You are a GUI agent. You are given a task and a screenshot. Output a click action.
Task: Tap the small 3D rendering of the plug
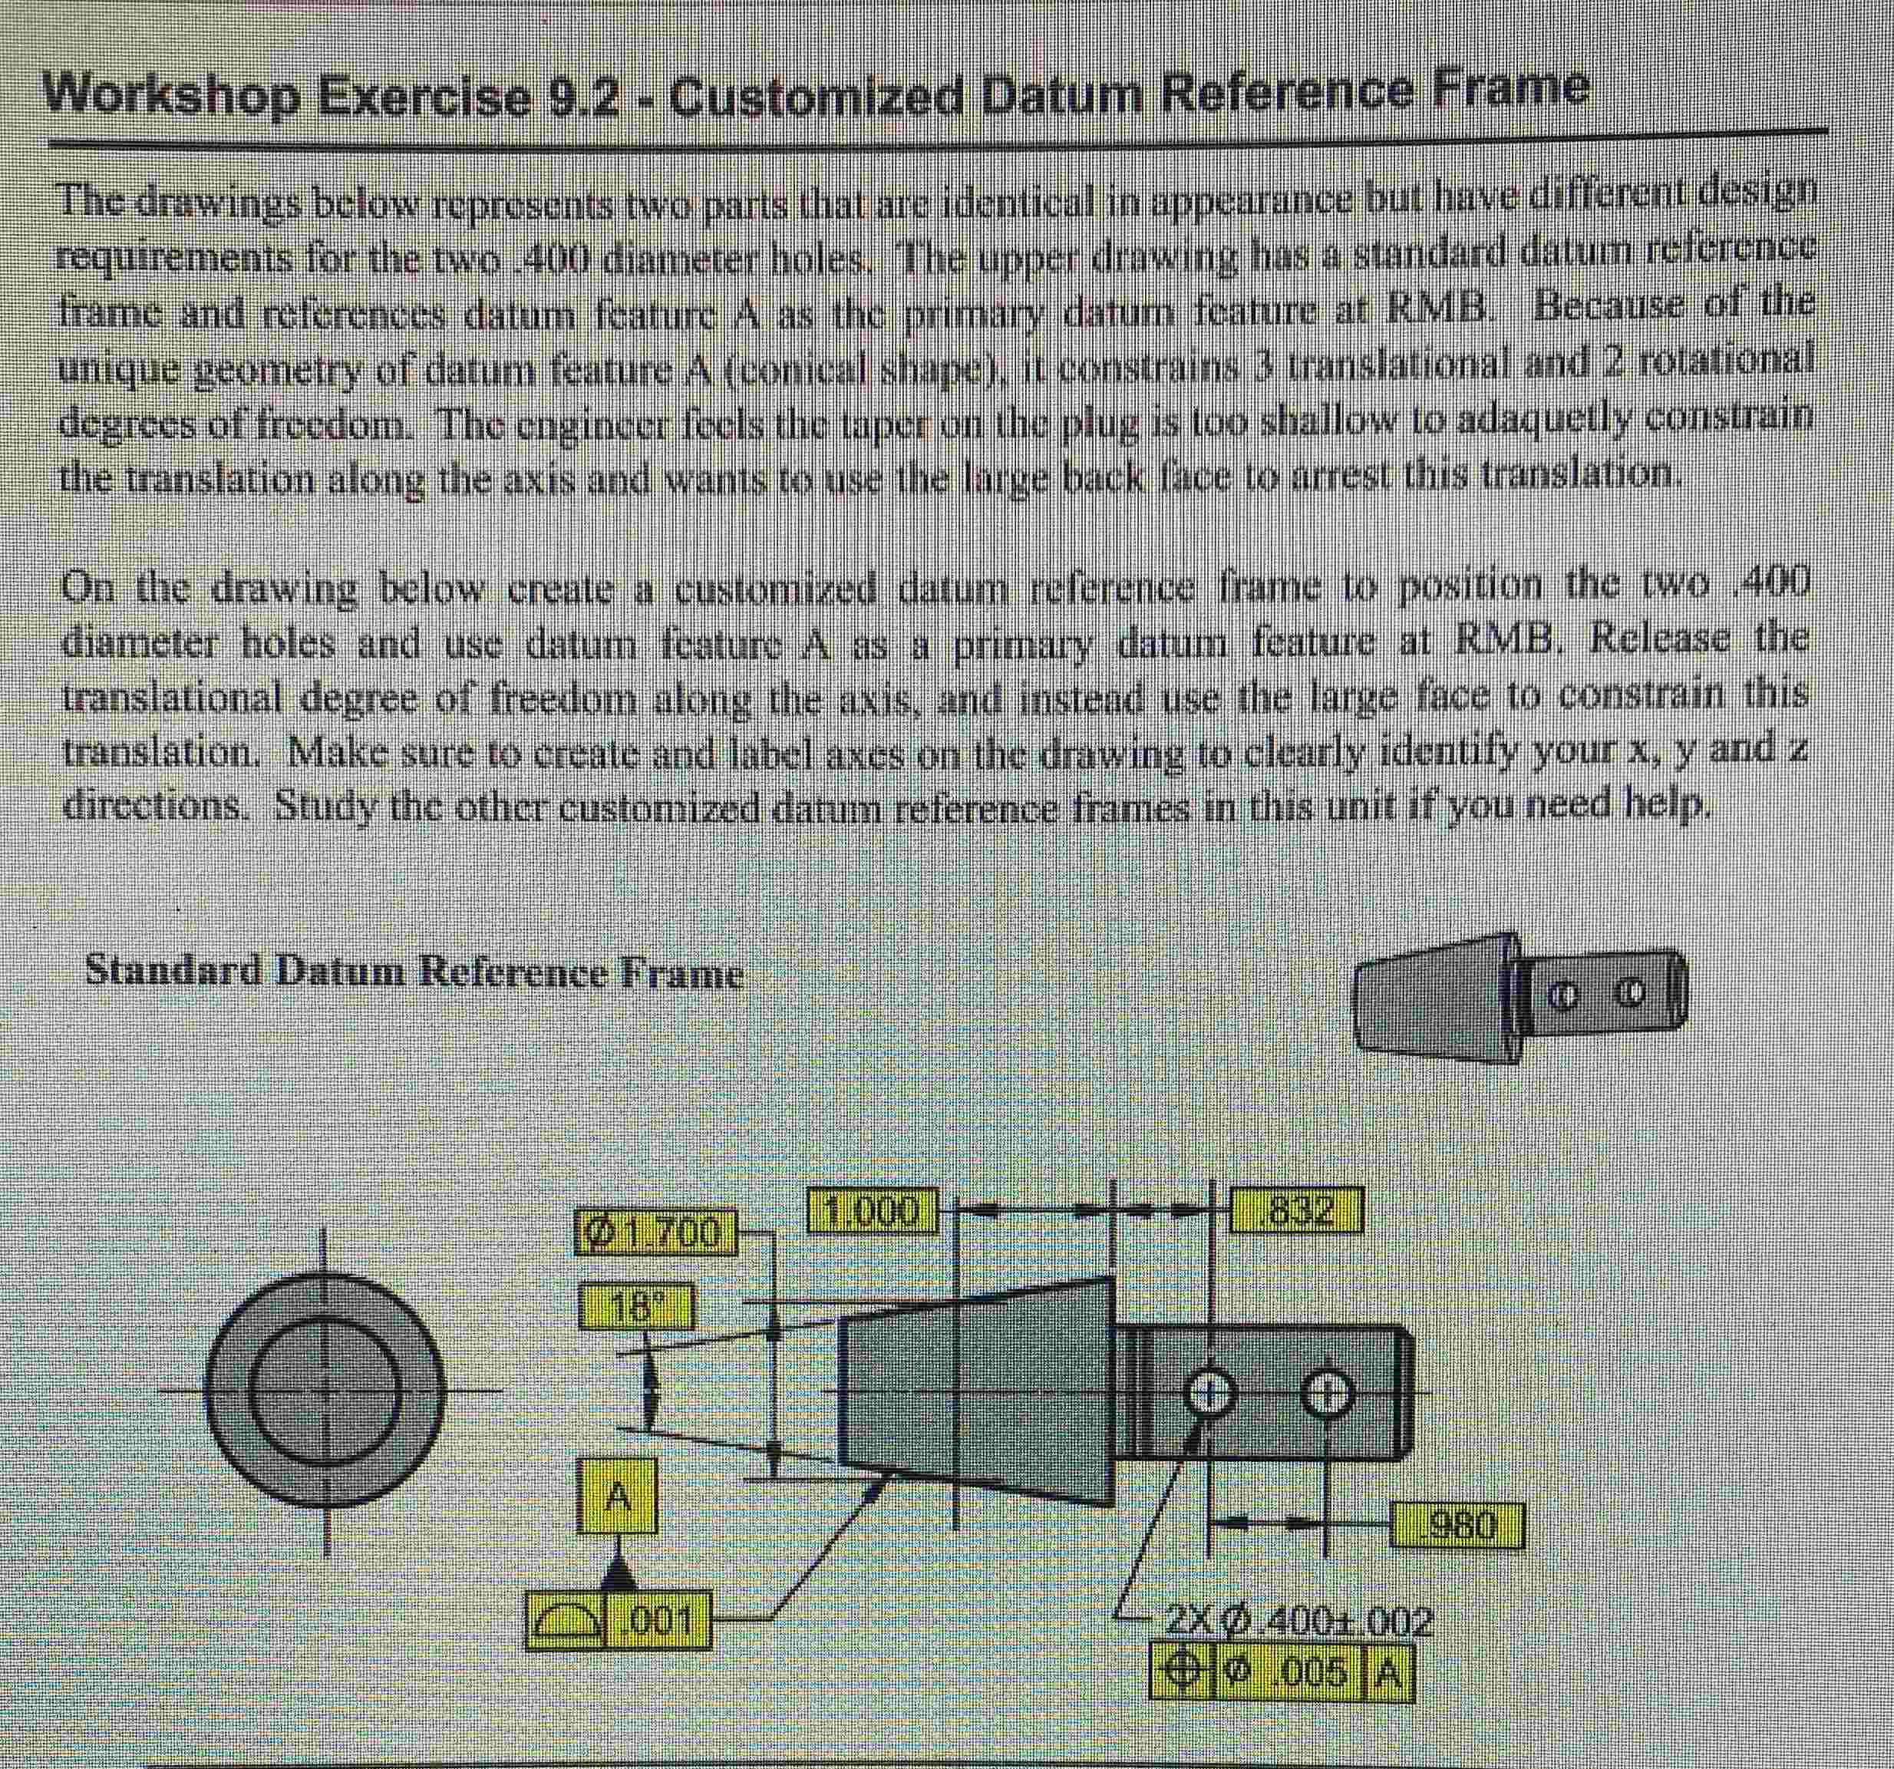click(1519, 998)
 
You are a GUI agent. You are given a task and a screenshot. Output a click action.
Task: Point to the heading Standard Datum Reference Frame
click(414, 972)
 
